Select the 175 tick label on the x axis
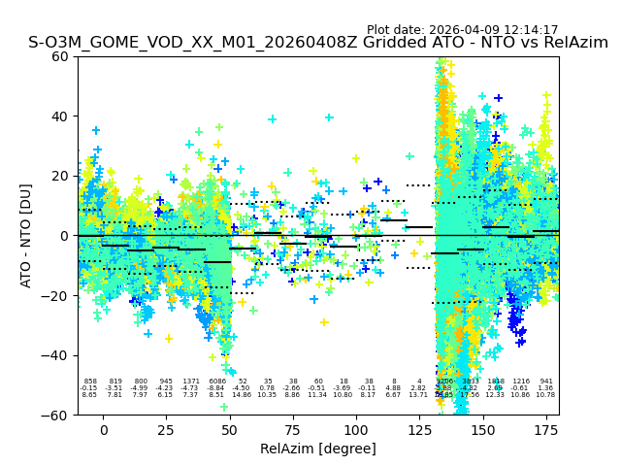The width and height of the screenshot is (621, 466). [545, 429]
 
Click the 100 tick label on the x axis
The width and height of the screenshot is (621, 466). [356, 429]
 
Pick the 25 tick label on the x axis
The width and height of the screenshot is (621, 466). [167, 429]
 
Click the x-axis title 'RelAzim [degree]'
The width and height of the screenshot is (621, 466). [317, 449]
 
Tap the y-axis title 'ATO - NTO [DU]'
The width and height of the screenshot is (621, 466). [26, 236]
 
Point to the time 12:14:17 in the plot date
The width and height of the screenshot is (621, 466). [530, 30]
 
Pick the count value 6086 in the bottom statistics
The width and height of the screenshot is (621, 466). [216, 382]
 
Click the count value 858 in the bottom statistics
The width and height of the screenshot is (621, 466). [90, 382]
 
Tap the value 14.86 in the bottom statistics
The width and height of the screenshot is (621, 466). [242, 395]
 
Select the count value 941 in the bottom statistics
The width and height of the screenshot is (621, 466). [546, 382]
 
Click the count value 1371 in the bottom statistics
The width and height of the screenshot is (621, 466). [191, 382]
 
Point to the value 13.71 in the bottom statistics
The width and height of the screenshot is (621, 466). [418, 395]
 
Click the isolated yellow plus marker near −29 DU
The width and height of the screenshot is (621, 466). [324, 322]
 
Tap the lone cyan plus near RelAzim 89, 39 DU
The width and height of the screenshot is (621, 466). [329, 117]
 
